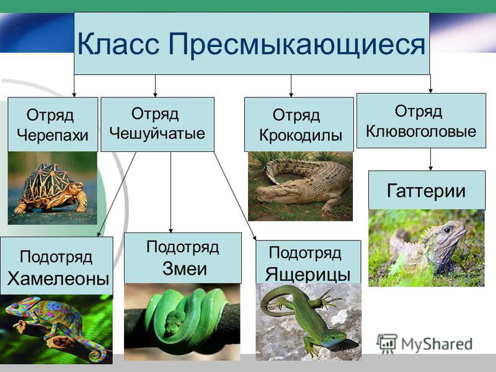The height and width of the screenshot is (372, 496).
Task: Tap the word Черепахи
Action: click(x=53, y=135)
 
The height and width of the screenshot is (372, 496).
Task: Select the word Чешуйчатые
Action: click(x=157, y=133)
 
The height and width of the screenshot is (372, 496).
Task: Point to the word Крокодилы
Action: click(x=301, y=135)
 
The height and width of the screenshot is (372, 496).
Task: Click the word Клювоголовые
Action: click(x=421, y=131)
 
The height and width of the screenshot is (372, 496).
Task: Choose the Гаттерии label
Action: click(x=426, y=190)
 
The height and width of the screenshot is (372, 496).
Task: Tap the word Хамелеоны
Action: click(x=58, y=278)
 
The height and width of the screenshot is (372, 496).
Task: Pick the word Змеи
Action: click(x=184, y=268)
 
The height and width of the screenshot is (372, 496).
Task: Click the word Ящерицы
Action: click(x=308, y=274)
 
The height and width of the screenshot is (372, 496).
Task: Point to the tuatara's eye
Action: click(x=446, y=230)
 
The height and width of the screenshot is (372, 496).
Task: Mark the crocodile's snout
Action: click(x=267, y=193)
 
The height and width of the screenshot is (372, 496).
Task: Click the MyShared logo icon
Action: click(x=386, y=343)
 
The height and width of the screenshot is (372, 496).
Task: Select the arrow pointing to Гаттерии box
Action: click(x=430, y=159)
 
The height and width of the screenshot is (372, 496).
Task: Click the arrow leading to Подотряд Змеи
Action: click(x=171, y=192)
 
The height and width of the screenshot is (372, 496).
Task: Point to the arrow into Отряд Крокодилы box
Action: click(x=291, y=86)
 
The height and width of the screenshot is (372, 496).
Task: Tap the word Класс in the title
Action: click(x=118, y=45)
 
